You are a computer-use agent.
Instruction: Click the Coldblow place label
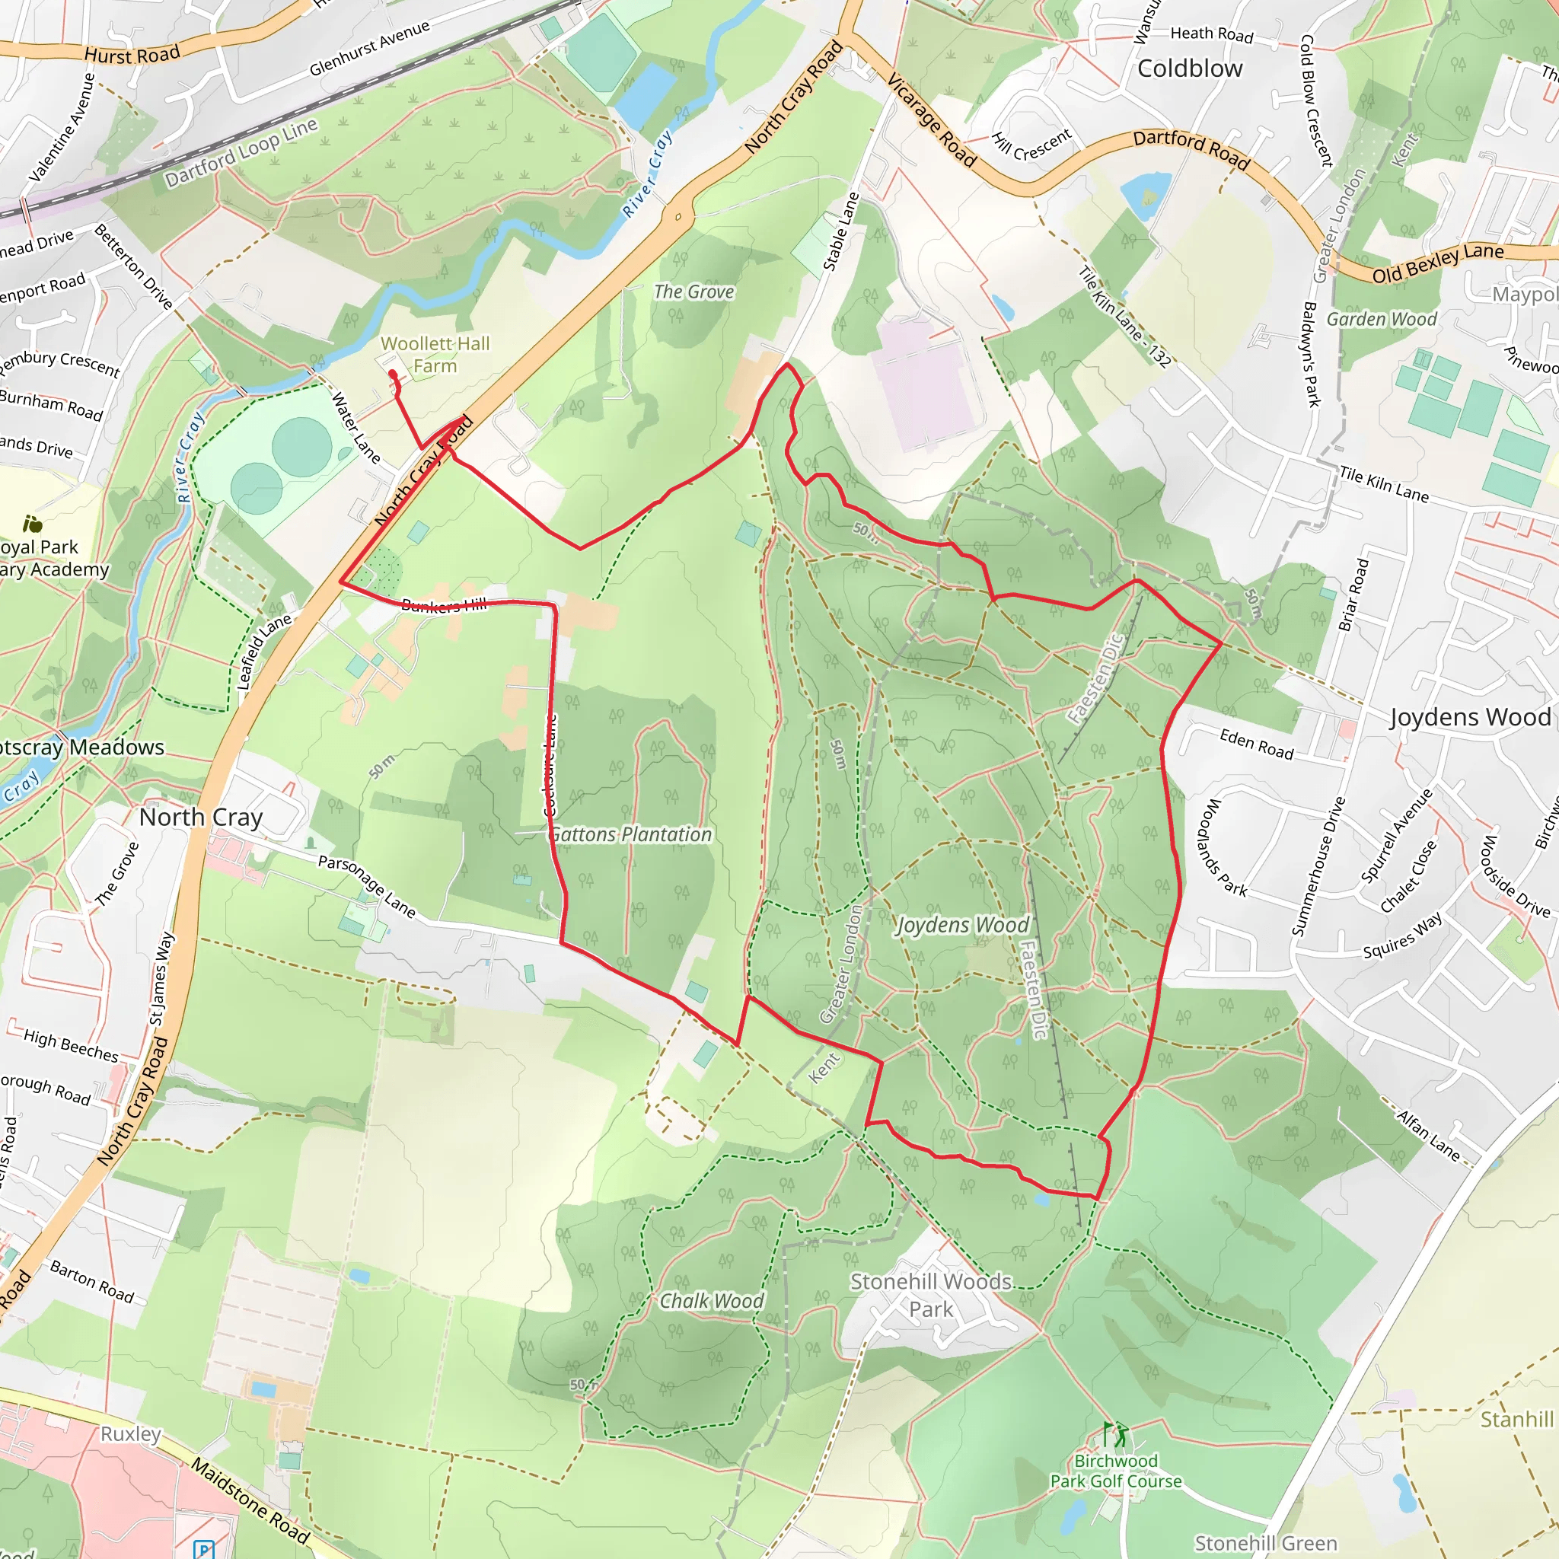point(1190,69)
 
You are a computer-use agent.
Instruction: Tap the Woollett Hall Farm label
point(435,355)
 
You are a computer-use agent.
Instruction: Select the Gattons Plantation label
point(631,834)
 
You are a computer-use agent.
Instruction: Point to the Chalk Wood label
point(711,1301)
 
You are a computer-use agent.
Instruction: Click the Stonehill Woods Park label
point(931,1295)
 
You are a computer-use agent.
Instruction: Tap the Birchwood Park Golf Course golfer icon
point(1117,1436)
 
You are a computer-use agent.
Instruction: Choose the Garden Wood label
point(1382,320)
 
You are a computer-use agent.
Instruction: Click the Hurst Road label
point(132,55)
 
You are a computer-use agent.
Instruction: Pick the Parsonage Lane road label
point(366,886)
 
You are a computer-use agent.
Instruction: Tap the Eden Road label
point(1256,743)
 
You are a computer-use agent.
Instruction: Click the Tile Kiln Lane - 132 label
point(1125,317)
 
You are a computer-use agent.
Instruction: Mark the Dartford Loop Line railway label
point(241,152)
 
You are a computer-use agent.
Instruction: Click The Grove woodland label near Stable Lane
point(694,292)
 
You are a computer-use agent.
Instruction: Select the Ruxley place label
point(131,1434)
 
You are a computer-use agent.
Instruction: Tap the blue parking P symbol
point(204,1548)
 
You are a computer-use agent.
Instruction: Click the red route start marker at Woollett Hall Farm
point(392,374)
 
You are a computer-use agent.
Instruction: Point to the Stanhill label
point(1516,1419)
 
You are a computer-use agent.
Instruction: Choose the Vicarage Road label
point(931,120)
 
